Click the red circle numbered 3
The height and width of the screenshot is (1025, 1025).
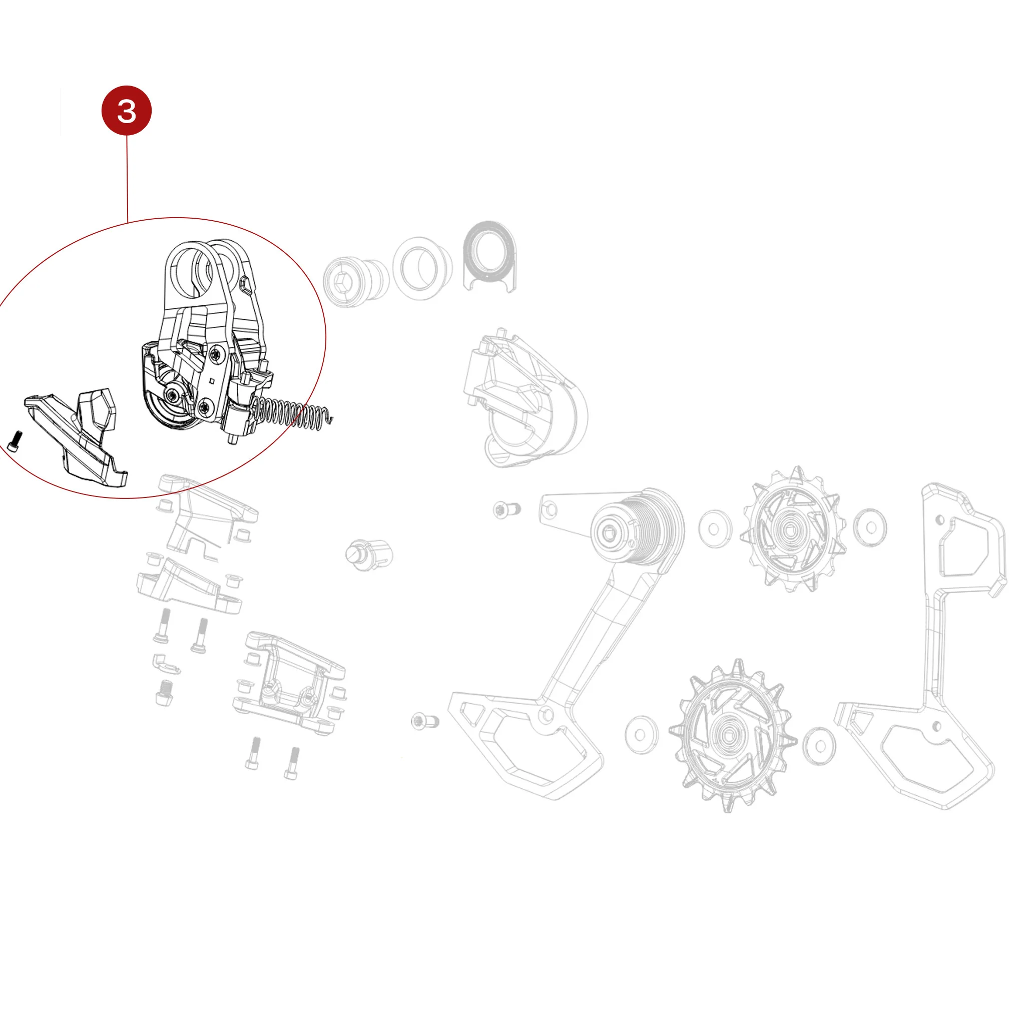[126, 110]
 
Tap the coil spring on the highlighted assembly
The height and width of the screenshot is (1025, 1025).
[292, 412]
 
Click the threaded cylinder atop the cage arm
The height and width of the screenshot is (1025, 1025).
[637, 528]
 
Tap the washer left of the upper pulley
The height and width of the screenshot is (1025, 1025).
[715, 529]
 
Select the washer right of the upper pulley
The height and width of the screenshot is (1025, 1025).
[870, 528]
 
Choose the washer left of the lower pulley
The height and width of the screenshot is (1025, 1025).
[642, 735]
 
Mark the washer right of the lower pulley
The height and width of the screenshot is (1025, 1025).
[820, 746]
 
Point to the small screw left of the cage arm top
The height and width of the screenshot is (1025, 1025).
[506, 510]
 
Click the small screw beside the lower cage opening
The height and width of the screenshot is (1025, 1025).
[425, 721]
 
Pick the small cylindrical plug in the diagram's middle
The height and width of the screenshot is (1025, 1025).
[369, 555]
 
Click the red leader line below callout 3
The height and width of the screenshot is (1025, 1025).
[127, 178]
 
